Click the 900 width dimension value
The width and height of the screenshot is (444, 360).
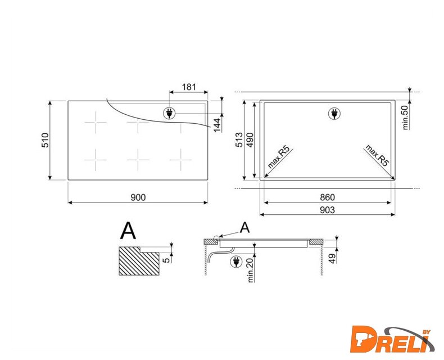(138, 197)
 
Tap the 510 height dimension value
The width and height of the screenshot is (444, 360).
(46, 140)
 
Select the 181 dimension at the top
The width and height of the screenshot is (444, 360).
(189, 87)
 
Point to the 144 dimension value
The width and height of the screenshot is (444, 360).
(217, 125)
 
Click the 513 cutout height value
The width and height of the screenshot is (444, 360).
(239, 139)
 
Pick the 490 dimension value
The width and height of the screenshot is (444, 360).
(250, 139)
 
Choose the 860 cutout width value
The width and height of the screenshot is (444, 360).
(327, 197)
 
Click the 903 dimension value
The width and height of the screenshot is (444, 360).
(327, 210)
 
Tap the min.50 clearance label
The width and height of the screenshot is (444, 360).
(405, 118)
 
